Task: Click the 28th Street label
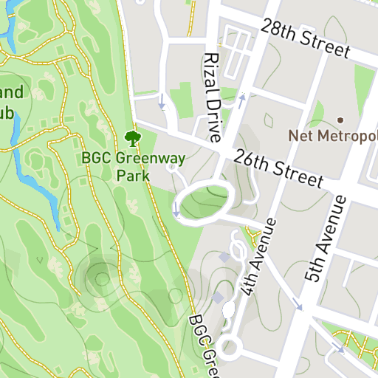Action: pos(304,38)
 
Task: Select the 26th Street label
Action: pos(278,168)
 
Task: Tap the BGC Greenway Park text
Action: pos(134,166)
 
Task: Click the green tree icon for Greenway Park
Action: pos(133,137)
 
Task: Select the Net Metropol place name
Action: pos(332,136)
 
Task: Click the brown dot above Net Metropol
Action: pos(340,120)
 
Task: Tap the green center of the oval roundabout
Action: pos(204,200)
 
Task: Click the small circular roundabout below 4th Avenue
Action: pos(230,346)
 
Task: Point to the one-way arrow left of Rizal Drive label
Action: pos(162,101)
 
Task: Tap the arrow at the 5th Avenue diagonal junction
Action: pos(297,303)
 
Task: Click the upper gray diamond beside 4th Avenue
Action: pos(224,257)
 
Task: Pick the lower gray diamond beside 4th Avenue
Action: pos(217,296)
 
